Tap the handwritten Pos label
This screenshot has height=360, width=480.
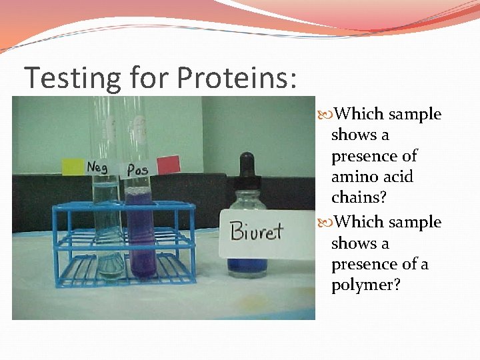(x=137, y=169)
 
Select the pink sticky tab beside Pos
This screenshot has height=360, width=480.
(x=169, y=164)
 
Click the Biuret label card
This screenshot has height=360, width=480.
(x=257, y=231)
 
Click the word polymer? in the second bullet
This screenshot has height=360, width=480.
(x=361, y=285)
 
